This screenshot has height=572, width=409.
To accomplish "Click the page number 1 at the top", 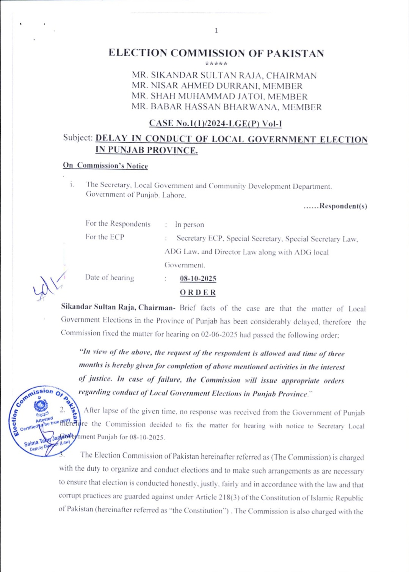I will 216,30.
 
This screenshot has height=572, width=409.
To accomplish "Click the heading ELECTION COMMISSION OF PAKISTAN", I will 216,53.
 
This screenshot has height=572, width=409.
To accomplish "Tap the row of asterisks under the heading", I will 216,64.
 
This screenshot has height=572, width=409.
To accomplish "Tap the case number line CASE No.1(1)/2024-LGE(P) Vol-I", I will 215,123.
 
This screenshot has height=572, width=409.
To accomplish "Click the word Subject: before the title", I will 78,138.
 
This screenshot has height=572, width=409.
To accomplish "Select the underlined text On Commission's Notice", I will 105,166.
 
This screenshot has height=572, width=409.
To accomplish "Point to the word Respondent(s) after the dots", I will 343,206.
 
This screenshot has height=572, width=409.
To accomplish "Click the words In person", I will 190,225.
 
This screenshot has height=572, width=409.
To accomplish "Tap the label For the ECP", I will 105,237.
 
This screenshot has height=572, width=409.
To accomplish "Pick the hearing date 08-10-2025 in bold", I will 198,278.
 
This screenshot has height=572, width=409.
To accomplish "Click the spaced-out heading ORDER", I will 197,292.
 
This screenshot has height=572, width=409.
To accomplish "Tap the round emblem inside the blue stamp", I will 41,406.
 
